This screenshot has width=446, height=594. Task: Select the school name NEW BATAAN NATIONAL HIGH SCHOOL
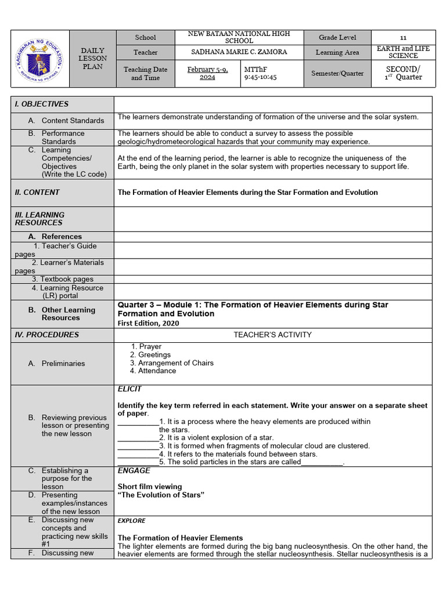(239, 37)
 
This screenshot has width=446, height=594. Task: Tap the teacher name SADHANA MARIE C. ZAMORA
(239, 52)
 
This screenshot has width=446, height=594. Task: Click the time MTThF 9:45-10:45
(261, 73)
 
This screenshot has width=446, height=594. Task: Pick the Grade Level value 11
(403, 37)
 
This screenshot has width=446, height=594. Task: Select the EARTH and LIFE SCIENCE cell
(403, 52)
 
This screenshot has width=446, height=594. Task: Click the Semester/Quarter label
(337, 74)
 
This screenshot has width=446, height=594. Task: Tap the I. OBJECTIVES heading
(42, 104)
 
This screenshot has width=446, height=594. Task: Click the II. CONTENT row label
(37, 193)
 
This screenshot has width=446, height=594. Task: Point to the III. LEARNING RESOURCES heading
(39, 219)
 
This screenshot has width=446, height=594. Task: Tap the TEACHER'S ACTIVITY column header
(272, 335)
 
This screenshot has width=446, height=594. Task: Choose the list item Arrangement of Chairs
(175, 363)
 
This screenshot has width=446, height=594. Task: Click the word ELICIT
(130, 389)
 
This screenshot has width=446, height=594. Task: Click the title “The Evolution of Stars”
(161, 495)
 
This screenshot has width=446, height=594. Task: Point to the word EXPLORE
(131, 521)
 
